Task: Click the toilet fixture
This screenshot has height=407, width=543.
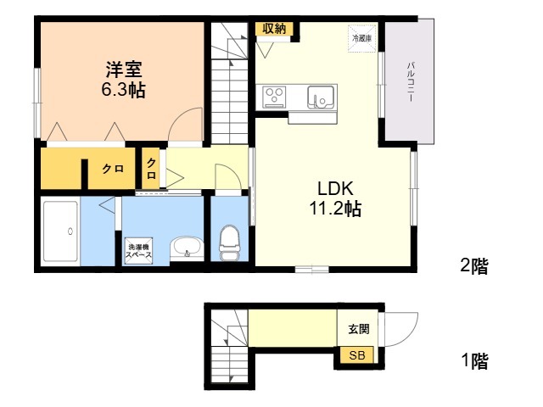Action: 229,243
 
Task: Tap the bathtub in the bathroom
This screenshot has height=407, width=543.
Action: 60,231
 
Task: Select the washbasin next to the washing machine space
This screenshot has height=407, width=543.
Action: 187,248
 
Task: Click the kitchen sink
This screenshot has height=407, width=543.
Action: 321,97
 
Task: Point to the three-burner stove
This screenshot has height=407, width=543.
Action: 274,96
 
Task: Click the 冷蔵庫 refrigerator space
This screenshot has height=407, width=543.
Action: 362,38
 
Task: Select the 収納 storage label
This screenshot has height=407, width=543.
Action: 274,29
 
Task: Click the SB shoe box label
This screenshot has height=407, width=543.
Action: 356,354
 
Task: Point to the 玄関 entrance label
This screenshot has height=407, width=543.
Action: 359,329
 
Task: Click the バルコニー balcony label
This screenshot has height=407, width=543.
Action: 411,82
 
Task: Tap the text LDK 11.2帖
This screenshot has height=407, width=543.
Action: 335,198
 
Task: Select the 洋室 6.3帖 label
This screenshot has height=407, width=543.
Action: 124,80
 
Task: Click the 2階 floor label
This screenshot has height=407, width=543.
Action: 474,266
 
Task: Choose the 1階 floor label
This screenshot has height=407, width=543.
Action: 475,361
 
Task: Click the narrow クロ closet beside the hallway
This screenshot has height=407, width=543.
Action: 151,169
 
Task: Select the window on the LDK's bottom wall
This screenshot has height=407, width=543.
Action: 311,270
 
